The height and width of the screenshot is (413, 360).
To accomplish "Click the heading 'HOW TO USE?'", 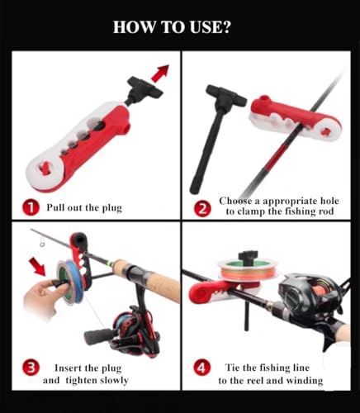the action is click(x=172, y=27).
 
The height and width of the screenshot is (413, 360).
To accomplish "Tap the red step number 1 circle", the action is click(x=31, y=207).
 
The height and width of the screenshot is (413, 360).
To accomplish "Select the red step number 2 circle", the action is click(x=202, y=208).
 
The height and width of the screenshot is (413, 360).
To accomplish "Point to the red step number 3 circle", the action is click(x=31, y=368).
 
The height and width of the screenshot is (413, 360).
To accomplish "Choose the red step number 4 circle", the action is click(x=202, y=368).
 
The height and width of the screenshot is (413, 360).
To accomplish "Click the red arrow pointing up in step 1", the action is click(x=160, y=74).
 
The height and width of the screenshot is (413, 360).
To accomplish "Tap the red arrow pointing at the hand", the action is click(x=38, y=267).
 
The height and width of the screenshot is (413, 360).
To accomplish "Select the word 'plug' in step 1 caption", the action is click(x=112, y=208).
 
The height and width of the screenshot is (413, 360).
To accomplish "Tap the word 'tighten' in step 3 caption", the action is click(x=81, y=380).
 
